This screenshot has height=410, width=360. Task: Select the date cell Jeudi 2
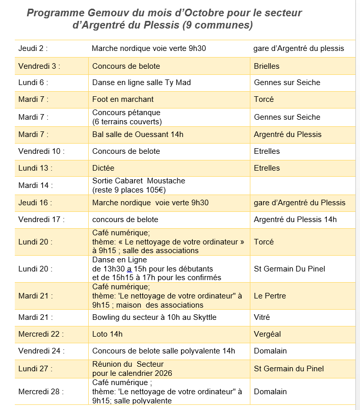[x=33, y=48]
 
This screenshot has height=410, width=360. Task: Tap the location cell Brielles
[x=267, y=66]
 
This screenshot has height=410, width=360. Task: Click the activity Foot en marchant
[x=123, y=99]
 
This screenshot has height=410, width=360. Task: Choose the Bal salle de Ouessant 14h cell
[x=138, y=134]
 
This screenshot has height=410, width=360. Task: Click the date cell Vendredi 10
[x=41, y=151]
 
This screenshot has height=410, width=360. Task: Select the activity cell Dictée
[x=104, y=168]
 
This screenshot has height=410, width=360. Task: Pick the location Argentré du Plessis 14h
[x=295, y=220]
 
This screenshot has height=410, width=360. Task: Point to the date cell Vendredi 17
[x=41, y=220]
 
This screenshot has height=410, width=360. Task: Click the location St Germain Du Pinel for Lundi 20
[x=289, y=269]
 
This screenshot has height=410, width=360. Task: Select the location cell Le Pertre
[x=270, y=296]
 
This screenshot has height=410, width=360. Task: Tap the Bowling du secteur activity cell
[x=155, y=317]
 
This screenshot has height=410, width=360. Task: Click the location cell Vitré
[x=262, y=317]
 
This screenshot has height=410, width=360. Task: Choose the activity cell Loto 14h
[x=108, y=334]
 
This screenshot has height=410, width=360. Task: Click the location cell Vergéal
[x=267, y=334]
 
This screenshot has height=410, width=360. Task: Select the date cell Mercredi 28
[x=41, y=392]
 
